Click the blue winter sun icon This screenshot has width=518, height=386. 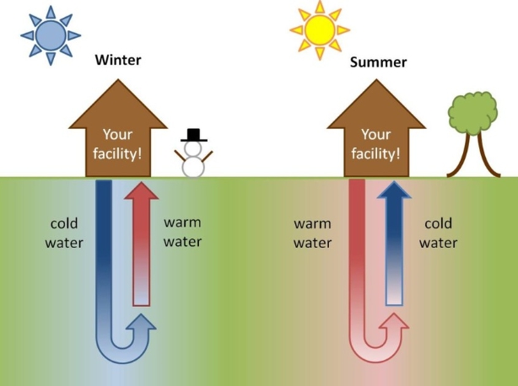[x=51, y=35]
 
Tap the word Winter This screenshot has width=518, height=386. [x=117, y=60]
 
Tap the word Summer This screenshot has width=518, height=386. [x=378, y=62]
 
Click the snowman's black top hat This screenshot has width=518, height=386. [x=194, y=135]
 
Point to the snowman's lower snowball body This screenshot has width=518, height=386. [x=194, y=165]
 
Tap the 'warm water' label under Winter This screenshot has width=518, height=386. [x=182, y=232]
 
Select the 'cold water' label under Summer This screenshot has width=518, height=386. [x=438, y=233]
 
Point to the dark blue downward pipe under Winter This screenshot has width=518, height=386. [x=105, y=244]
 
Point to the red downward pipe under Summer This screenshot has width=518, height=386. [x=357, y=244]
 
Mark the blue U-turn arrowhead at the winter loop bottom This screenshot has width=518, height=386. [x=143, y=324]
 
